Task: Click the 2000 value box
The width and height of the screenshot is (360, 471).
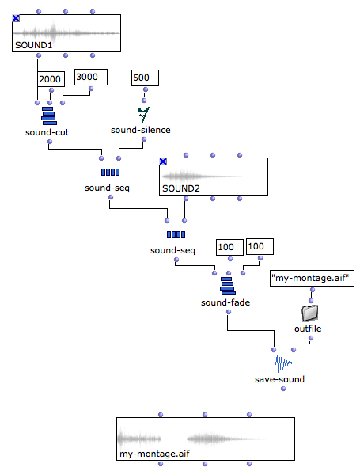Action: [51, 79]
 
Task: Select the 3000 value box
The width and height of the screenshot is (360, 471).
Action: [91, 78]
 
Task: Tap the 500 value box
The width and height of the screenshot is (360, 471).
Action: [145, 78]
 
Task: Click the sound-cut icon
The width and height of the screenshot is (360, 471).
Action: [49, 116]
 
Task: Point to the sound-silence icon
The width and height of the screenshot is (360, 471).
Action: [144, 115]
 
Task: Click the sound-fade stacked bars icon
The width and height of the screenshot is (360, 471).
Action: [228, 286]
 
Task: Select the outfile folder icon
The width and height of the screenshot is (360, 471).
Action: [310, 313]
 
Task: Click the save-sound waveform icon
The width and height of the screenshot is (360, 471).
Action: [282, 363]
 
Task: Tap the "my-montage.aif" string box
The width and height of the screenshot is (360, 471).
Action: [312, 278]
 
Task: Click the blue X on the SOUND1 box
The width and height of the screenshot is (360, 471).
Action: [16, 19]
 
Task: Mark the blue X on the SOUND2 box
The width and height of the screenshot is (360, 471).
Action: [163, 162]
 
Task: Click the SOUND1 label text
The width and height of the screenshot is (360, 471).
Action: [34, 45]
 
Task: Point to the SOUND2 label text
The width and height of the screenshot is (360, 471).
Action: [181, 188]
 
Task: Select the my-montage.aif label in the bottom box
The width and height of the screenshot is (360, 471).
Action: [154, 454]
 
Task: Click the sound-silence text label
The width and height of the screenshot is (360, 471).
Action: [141, 130]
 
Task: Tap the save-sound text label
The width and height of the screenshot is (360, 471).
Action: [279, 379]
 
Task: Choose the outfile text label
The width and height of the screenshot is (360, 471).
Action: [308, 329]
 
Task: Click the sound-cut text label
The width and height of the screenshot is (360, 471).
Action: [47, 132]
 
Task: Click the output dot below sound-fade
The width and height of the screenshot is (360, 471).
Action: [229, 312]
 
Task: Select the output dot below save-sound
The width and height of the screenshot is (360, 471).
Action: [283, 389]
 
